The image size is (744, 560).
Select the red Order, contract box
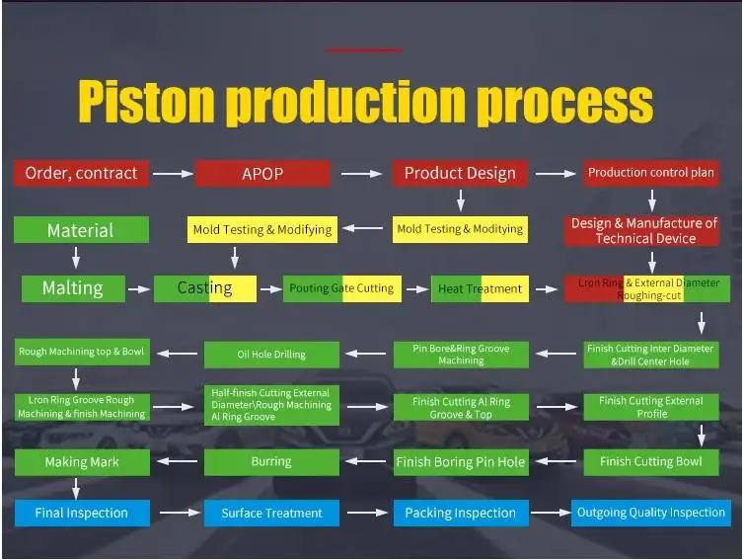[x=82, y=173]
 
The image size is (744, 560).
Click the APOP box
[x=262, y=174]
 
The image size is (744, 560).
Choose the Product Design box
[x=460, y=174]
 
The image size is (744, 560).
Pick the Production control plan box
[x=651, y=173]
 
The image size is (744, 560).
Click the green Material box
[x=81, y=230]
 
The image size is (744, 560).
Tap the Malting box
[x=73, y=288]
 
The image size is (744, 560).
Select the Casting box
[x=205, y=288]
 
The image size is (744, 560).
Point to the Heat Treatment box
[x=480, y=288]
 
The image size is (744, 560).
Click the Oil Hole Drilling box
[x=271, y=355]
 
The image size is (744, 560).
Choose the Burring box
[x=271, y=461]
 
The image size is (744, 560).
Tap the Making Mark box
[x=81, y=461]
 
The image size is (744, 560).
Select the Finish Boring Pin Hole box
[x=460, y=461]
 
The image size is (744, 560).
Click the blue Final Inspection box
[x=82, y=513]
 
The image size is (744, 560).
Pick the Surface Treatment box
[x=271, y=513]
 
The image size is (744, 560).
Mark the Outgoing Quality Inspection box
[x=651, y=513]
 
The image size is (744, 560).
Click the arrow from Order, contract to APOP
[x=173, y=174]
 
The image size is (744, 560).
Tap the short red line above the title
[x=363, y=49]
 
